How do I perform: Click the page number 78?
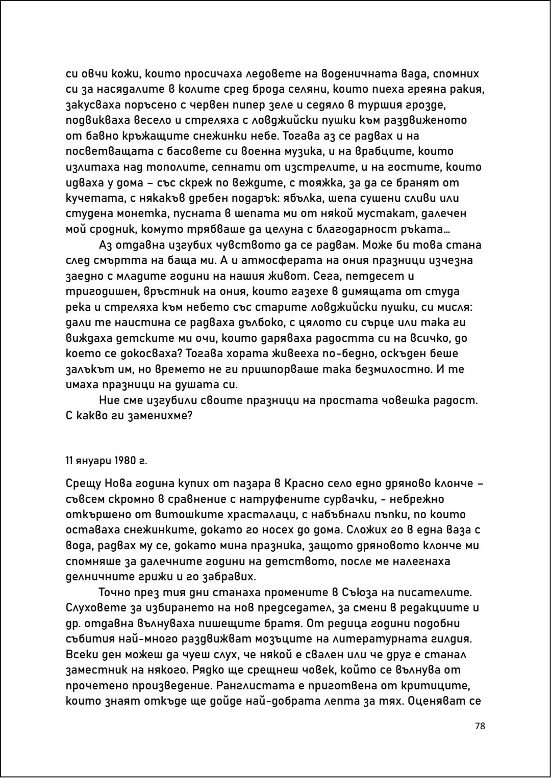coord(479,726)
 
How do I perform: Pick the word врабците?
coord(394,151)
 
